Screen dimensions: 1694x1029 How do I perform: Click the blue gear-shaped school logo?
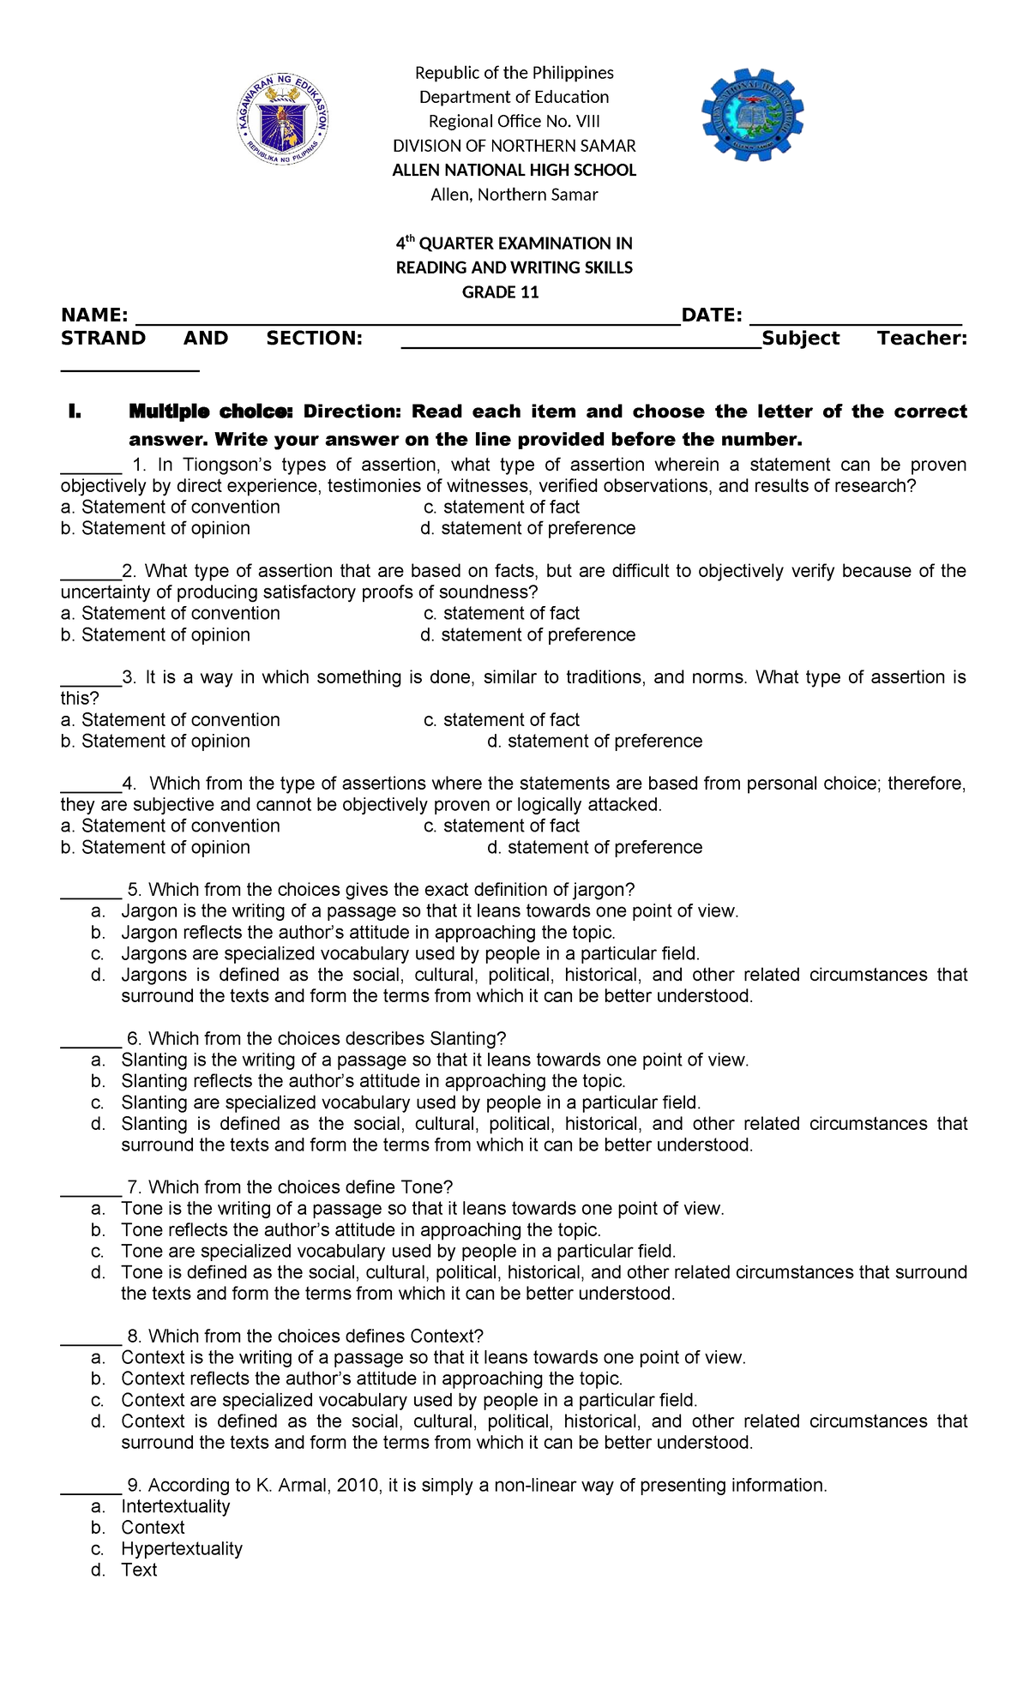click(x=753, y=116)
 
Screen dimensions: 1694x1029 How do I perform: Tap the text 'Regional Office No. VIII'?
click(x=514, y=122)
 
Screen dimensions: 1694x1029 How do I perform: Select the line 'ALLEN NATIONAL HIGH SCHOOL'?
click(x=514, y=170)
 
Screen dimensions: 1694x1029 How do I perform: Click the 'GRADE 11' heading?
click(x=501, y=292)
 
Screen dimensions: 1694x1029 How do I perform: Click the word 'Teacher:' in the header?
click(x=922, y=339)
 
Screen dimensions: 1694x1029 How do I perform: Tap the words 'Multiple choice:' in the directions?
click(x=211, y=411)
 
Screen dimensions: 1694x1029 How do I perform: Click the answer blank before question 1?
click(x=90, y=467)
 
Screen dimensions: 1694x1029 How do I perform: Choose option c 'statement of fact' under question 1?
click(x=502, y=508)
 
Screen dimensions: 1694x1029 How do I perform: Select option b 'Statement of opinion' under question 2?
click(x=156, y=635)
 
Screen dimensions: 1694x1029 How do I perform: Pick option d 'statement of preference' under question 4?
click(x=595, y=848)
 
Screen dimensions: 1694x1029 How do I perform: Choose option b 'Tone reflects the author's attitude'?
click(x=360, y=1230)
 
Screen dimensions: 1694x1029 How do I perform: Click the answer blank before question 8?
click(x=90, y=1338)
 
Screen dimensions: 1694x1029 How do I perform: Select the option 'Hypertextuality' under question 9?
click(x=182, y=1549)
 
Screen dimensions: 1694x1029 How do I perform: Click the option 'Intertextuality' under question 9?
click(x=176, y=1507)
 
